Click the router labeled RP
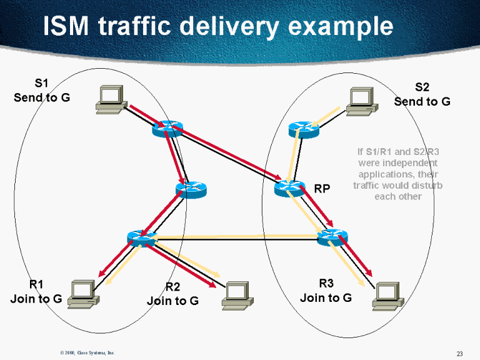[290, 187]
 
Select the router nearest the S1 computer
[166, 129]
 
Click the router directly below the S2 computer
[304, 129]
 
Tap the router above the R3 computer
[332, 237]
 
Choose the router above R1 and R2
[141, 237]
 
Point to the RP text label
[322, 189]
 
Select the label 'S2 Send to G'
[422, 94]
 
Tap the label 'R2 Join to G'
[172, 294]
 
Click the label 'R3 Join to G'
[326, 291]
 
